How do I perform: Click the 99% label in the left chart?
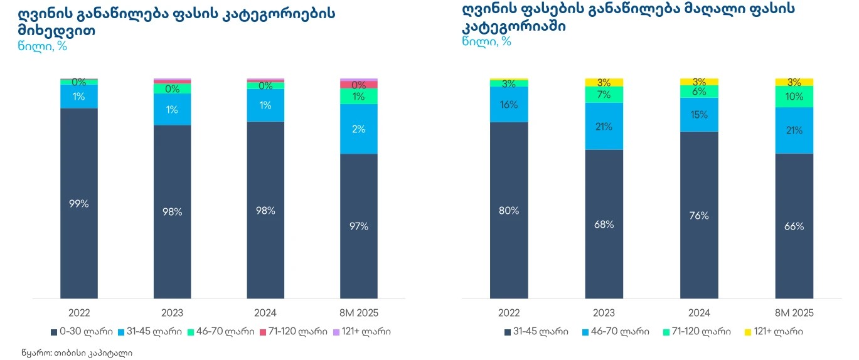79,204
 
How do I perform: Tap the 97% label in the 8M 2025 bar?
359,226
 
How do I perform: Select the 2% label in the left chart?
359,129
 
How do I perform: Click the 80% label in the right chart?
509,211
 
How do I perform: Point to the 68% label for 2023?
604,225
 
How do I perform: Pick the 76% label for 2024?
698,216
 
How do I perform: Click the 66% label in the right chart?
794,226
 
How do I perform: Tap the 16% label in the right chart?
509,105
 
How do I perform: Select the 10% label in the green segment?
794,97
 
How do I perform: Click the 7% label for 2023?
604,95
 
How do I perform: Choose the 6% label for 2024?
698,92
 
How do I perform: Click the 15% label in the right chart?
698,115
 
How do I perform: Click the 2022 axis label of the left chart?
79,312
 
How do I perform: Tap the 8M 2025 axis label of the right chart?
794,312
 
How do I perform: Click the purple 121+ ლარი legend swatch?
337,331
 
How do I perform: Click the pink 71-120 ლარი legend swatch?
264,331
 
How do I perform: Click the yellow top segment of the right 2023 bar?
604,82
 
